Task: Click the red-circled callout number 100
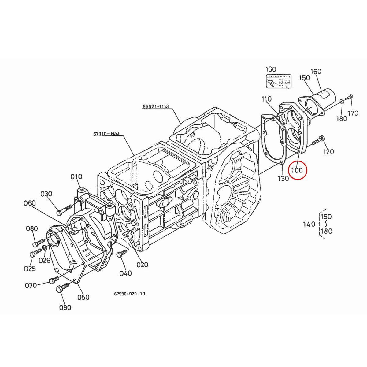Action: click(296, 170)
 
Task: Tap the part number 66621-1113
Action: click(155, 106)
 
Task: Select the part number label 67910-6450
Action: click(106, 134)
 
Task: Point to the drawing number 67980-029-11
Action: click(130, 294)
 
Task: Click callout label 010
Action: click(76, 176)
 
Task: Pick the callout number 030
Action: click(46, 194)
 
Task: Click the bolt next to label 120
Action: click(318, 141)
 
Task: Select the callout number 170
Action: click(353, 113)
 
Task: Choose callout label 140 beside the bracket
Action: click(309, 224)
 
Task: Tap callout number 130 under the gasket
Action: click(283, 178)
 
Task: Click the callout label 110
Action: click(266, 99)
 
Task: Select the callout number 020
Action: click(142, 265)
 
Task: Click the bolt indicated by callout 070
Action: click(53, 280)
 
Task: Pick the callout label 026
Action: click(44, 260)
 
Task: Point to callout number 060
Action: click(30, 203)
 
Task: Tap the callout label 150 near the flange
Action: click(304, 78)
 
